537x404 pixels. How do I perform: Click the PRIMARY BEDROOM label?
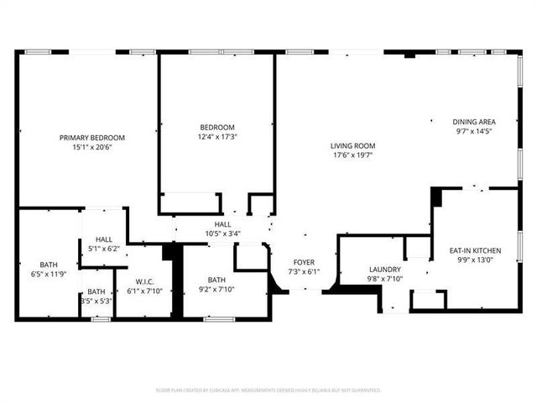(91, 138)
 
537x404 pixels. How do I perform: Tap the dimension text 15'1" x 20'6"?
(91, 147)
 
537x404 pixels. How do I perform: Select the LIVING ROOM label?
(352, 145)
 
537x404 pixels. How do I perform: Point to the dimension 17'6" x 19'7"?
(352, 155)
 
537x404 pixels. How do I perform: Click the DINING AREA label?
(473, 121)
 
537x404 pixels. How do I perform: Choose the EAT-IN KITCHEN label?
(475, 250)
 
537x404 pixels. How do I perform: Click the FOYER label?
(303, 263)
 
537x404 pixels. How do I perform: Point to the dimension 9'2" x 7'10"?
(216, 290)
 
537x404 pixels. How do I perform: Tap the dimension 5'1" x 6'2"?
(104, 249)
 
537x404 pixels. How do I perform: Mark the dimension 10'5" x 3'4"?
(222, 233)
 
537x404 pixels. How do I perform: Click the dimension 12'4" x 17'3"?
(216, 137)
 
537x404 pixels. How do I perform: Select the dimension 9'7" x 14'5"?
(473, 130)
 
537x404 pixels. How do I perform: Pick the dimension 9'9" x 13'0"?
(475, 260)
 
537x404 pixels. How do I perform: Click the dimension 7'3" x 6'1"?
(303, 272)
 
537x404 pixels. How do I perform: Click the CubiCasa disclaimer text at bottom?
(268, 390)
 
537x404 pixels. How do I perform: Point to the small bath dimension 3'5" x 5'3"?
(96, 301)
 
